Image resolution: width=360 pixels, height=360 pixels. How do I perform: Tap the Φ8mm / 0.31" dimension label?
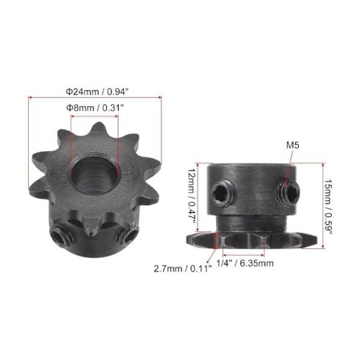click(95, 108)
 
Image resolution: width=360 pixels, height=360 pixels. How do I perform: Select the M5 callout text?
click(292, 145)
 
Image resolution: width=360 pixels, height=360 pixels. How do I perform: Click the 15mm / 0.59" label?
click(329, 207)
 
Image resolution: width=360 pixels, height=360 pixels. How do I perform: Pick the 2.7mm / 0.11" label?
click(182, 268)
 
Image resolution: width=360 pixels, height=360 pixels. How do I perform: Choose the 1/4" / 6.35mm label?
click(245, 264)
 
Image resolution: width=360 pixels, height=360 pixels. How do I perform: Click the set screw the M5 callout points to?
click(288, 191)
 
